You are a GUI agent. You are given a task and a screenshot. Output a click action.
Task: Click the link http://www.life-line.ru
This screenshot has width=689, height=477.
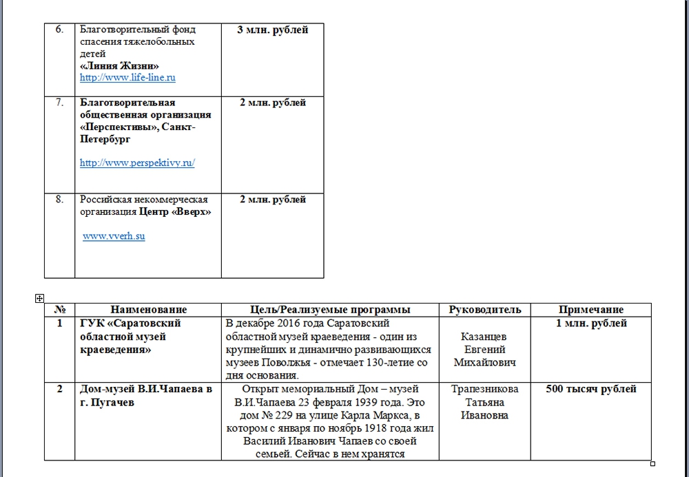(127, 78)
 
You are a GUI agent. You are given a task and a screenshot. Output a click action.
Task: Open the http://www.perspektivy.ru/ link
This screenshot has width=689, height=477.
(137, 163)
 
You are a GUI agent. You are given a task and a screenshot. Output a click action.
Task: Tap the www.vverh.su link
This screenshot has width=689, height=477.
(114, 236)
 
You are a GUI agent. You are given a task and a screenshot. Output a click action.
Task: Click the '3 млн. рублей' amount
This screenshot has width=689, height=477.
(272, 30)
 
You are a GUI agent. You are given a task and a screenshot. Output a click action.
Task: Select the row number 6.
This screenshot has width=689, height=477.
(59, 30)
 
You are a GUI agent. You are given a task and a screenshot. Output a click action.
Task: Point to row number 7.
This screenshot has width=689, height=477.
(59, 103)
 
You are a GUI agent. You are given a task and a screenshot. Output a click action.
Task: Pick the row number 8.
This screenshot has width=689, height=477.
(59, 200)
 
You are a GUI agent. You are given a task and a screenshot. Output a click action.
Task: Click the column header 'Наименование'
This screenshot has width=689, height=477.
(148, 310)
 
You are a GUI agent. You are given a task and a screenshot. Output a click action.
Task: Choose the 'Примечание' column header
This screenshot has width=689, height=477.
(590, 310)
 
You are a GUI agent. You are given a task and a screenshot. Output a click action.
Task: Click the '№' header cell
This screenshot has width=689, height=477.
(59, 310)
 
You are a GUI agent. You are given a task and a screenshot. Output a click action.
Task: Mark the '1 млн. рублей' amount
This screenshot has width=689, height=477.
(591, 324)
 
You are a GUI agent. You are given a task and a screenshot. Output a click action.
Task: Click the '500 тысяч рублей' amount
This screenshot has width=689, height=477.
(591, 389)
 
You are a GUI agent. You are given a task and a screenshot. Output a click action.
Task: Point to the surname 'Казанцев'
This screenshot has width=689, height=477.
(485, 337)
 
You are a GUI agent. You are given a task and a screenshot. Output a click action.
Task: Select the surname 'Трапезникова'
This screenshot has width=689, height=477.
(485, 389)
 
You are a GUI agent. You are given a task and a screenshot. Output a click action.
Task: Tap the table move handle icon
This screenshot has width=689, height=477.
(39, 298)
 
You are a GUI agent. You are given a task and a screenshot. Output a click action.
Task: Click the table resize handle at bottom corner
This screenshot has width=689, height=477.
(652, 463)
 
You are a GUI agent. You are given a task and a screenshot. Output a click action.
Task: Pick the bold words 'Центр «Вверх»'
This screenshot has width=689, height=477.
(175, 212)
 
